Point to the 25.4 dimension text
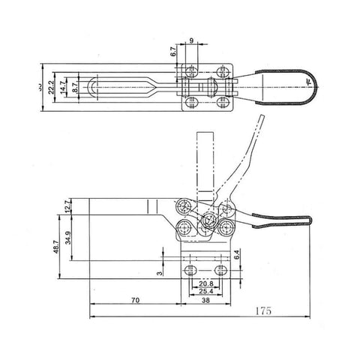[205, 290]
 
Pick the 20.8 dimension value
[205, 283]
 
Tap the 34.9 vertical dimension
[70, 239]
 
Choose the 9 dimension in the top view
[192, 41]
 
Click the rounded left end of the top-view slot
[91, 88]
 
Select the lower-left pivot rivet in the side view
[184, 226]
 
